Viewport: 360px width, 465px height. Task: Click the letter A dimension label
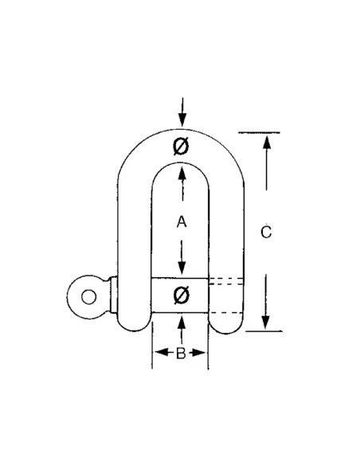pos(182,222)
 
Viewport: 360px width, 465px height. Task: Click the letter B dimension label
pos(181,354)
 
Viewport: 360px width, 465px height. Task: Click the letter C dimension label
pos(266,232)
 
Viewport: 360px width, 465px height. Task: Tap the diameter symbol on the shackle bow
pos(181,147)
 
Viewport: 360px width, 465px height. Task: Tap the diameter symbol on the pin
pos(181,295)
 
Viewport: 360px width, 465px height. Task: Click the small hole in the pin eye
pos(88,297)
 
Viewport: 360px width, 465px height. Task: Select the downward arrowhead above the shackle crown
pos(182,119)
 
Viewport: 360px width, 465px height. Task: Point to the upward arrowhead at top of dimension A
pos(182,174)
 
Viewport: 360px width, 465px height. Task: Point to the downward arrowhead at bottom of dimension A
pos(182,268)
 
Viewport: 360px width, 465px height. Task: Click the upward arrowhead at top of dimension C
pos(267,143)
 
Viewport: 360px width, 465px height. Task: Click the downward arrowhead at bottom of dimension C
pos(266,322)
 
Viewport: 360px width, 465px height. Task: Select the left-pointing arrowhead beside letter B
pos(162,352)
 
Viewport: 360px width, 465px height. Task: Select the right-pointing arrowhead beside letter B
pos(198,353)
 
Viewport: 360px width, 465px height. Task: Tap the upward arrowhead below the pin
pos(182,322)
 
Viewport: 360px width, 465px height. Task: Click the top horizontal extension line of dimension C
pos(259,132)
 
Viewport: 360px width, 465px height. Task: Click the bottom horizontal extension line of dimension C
pos(264,330)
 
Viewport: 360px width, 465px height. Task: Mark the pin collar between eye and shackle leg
pos(113,294)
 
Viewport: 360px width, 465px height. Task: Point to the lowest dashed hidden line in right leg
pos(226,313)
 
